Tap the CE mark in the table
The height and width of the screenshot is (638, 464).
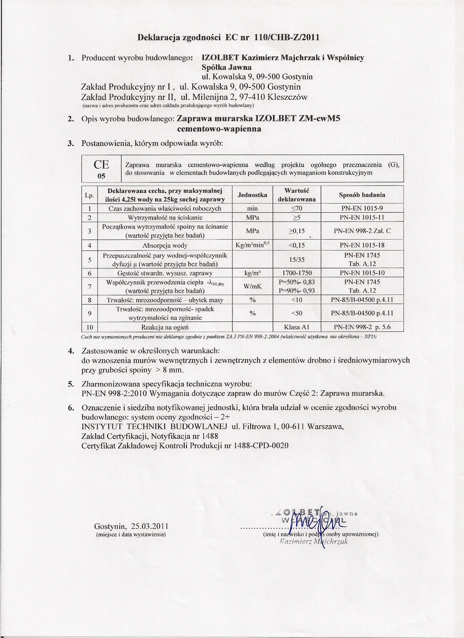click(x=101, y=164)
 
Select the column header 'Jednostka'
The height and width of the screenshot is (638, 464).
click(x=252, y=195)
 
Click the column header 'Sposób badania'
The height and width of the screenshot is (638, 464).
click(x=362, y=195)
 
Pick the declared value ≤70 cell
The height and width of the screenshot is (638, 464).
click(x=296, y=209)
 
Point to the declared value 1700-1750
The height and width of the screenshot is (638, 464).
click(x=296, y=273)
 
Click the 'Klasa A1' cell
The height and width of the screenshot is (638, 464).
click(x=296, y=327)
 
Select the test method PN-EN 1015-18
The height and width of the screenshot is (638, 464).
click(x=362, y=245)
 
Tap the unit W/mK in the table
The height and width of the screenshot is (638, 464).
click(x=252, y=286)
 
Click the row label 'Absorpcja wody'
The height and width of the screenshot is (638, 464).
click(x=165, y=245)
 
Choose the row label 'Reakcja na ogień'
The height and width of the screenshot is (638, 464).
click(x=165, y=327)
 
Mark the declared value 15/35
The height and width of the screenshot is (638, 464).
click(x=296, y=260)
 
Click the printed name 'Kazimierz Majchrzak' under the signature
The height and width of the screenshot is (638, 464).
click(x=314, y=541)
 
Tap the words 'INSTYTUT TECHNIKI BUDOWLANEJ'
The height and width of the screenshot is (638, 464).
click(x=155, y=426)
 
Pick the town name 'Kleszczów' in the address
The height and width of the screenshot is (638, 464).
click(x=287, y=97)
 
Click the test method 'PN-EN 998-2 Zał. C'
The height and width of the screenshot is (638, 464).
click(x=362, y=231)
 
